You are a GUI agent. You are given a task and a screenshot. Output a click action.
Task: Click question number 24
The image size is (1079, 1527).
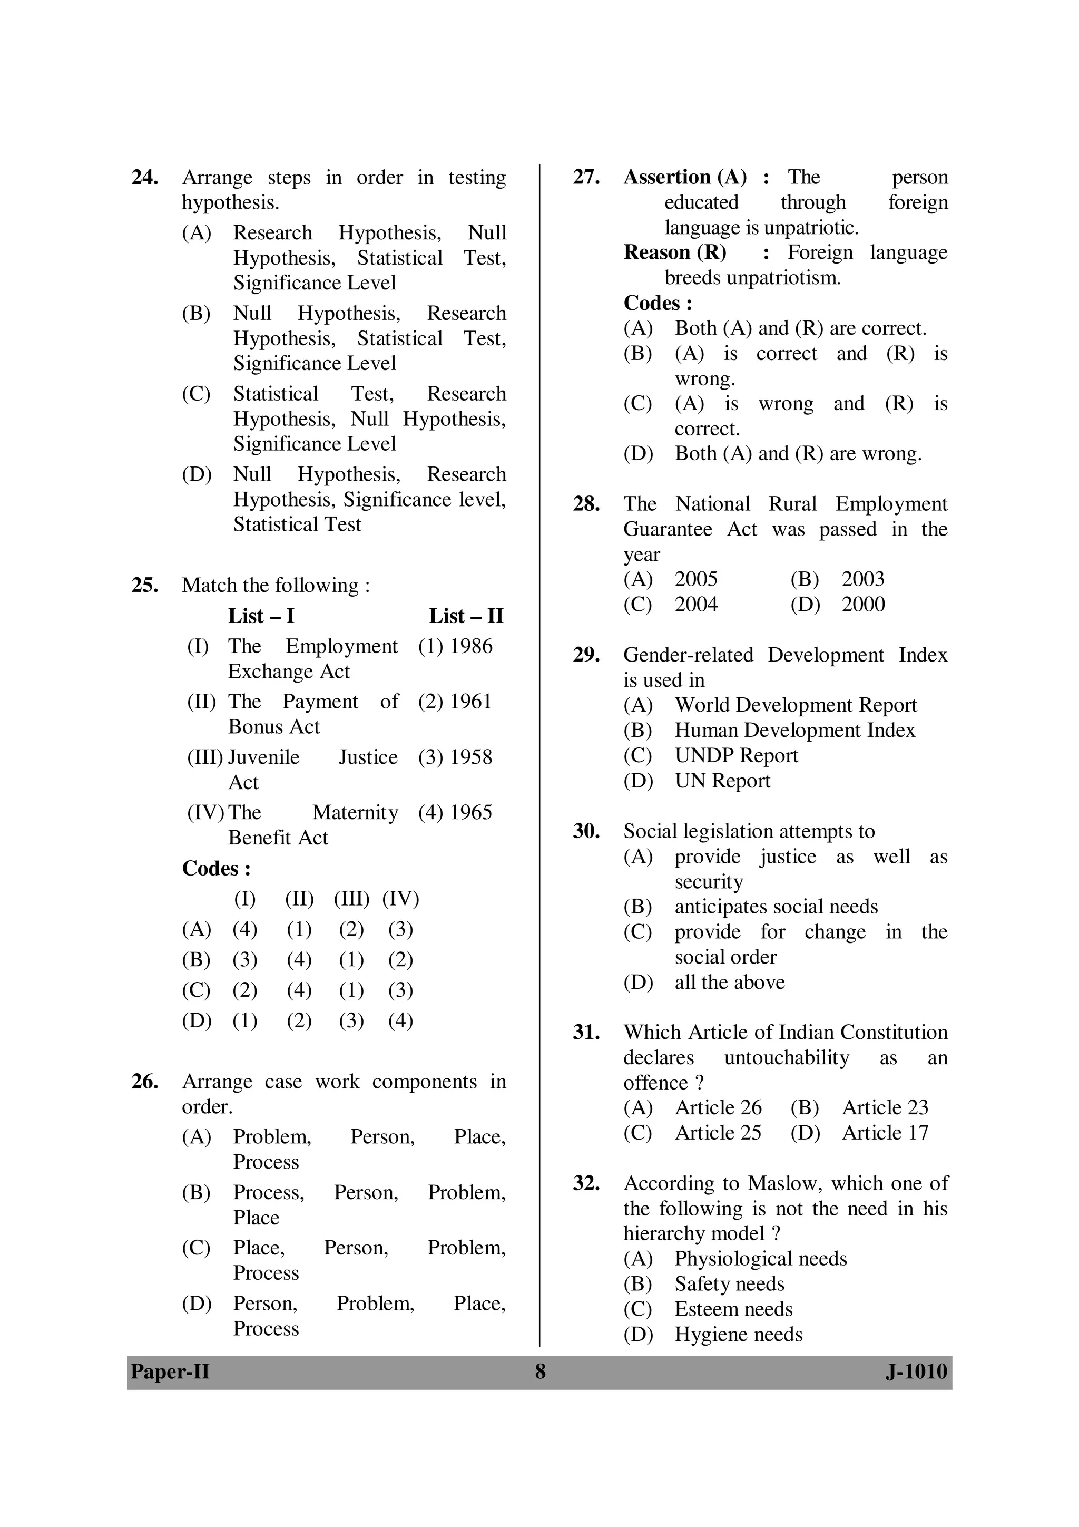coord(144,178)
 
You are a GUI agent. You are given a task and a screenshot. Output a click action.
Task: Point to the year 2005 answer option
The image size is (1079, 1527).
coord(695,579)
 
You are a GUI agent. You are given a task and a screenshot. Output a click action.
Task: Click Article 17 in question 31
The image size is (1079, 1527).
coord(885,1133)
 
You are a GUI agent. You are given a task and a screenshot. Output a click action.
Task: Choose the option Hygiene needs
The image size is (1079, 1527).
coord(738,1334)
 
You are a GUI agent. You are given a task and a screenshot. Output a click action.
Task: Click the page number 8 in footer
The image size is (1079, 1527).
coord(540,1372)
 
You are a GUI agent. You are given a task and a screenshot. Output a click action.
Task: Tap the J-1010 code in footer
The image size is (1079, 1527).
coord(916,1372)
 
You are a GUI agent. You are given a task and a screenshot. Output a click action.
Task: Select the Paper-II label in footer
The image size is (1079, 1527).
coord(170,1372)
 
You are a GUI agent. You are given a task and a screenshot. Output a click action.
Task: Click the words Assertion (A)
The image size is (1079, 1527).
coord(685,177)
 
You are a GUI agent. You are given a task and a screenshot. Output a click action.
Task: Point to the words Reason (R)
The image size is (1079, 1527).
coord(675,252)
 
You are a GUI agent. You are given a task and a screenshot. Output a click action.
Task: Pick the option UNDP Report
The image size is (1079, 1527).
coord(736,755)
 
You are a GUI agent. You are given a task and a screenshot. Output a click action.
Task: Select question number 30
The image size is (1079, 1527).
coord(586,831)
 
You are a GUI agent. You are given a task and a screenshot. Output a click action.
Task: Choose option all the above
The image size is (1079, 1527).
coord(729,983)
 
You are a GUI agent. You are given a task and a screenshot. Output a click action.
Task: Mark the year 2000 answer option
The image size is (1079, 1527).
coord(863,605)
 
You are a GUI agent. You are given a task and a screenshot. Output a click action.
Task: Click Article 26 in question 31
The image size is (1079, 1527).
coord(718,1107)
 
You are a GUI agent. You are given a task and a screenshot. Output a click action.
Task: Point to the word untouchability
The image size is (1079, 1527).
coord(786,1058)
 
